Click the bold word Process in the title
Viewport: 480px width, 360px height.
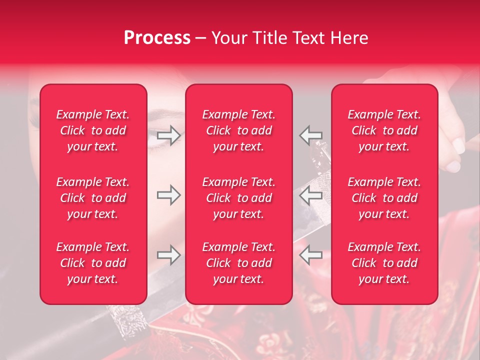(x=157, y=38)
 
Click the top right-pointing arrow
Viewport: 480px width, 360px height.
(x=168, y=135)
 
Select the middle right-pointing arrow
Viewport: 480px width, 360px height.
(x=168, y=195)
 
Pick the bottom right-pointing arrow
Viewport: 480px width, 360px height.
(x=168, y=255)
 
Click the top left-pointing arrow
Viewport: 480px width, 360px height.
(x=311, y=135)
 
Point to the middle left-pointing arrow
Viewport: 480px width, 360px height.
(x=311, y=195)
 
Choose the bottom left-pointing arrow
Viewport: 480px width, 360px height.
(x=311, y=255)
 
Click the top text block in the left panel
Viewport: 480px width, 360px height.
(x=93, y=130)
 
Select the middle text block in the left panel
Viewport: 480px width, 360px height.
(x=93, y=198)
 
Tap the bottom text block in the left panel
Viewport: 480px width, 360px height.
(x=93, y=263)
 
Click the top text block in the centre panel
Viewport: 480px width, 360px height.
(x=239, y=130)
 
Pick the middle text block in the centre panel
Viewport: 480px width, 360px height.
(x=239, y=198)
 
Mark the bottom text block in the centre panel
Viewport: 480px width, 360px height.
(x=239, y=263)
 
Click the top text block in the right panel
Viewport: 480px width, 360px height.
(x=384, y=130)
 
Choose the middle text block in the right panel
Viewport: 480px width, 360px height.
(x=384, y=198)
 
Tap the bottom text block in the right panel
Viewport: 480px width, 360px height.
(x=384, y=263)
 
